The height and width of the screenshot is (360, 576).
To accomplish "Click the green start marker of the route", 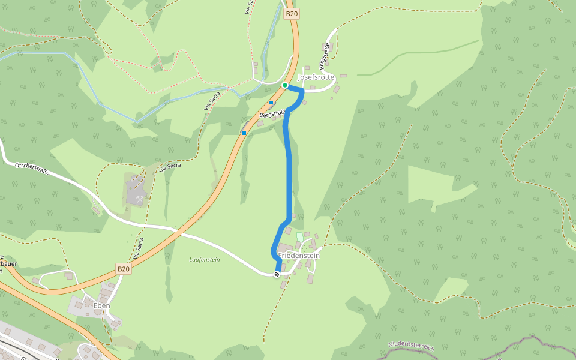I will [285, 85].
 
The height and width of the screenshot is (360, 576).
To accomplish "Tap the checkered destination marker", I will [277, 274].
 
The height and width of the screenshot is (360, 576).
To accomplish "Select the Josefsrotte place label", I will [316, 77].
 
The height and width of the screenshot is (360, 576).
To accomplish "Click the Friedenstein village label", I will [299, 256].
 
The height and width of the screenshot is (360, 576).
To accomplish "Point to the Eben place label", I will [101, 305].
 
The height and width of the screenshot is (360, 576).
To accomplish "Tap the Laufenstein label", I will [205, 259].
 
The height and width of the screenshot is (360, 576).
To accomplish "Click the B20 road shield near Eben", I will [123, 269].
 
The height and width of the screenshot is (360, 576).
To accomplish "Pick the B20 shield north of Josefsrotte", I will [292, 13].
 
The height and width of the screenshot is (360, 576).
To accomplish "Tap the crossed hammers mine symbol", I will [140, 198].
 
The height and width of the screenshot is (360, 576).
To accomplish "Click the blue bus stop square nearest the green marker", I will [271, 103].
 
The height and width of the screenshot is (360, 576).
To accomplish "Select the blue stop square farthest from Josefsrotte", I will [244, 133].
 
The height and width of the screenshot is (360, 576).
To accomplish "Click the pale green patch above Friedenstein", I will [300, 237].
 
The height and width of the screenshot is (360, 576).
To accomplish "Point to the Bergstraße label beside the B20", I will [272, 113].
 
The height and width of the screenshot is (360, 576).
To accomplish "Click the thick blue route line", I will [289, 174].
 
